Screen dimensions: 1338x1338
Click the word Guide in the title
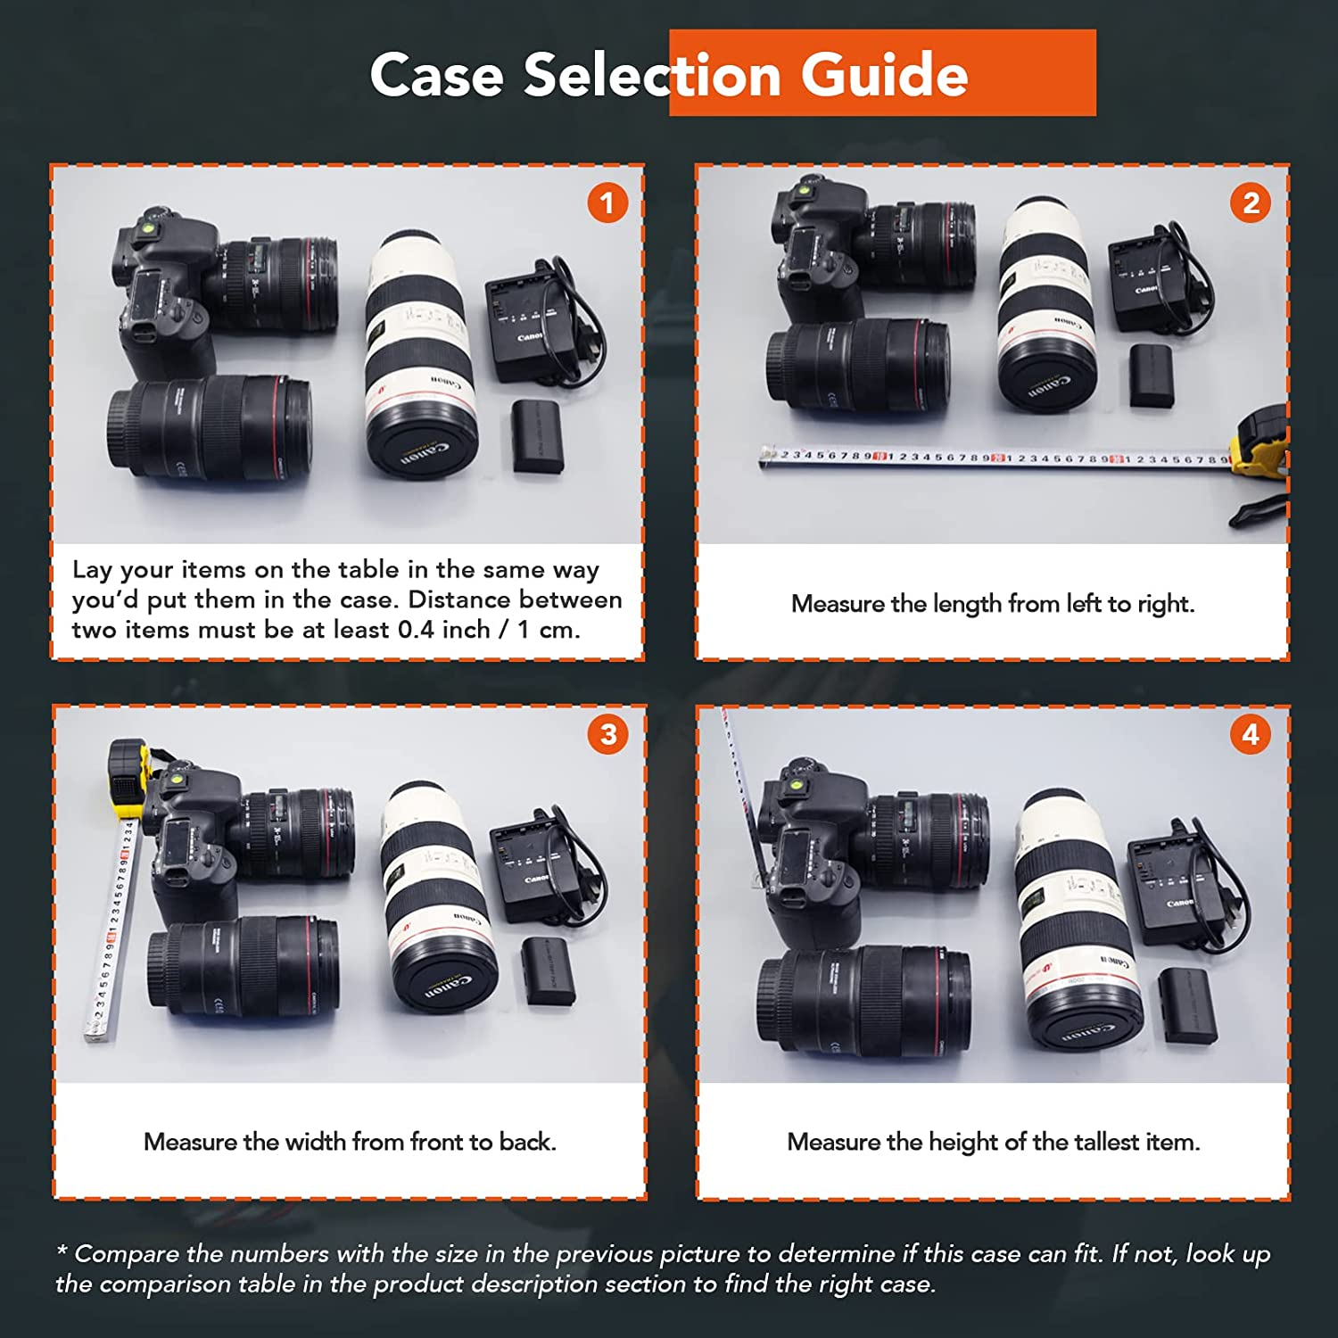coord(883,75)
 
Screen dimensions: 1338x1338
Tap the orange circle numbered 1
coord(607,203)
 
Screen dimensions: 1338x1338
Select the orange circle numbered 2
coord(1251,203)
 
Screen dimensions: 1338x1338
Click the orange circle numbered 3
coord(607,734)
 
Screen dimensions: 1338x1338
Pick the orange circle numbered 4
coord(1251,734)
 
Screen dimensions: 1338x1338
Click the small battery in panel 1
coord(538,436)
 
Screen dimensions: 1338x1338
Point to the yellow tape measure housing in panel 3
coord(128,774)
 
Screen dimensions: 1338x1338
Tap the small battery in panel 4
coord(1187,1005)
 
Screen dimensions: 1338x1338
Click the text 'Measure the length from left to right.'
coord(992,604)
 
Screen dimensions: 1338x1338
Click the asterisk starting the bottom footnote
coord(62,1251)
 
